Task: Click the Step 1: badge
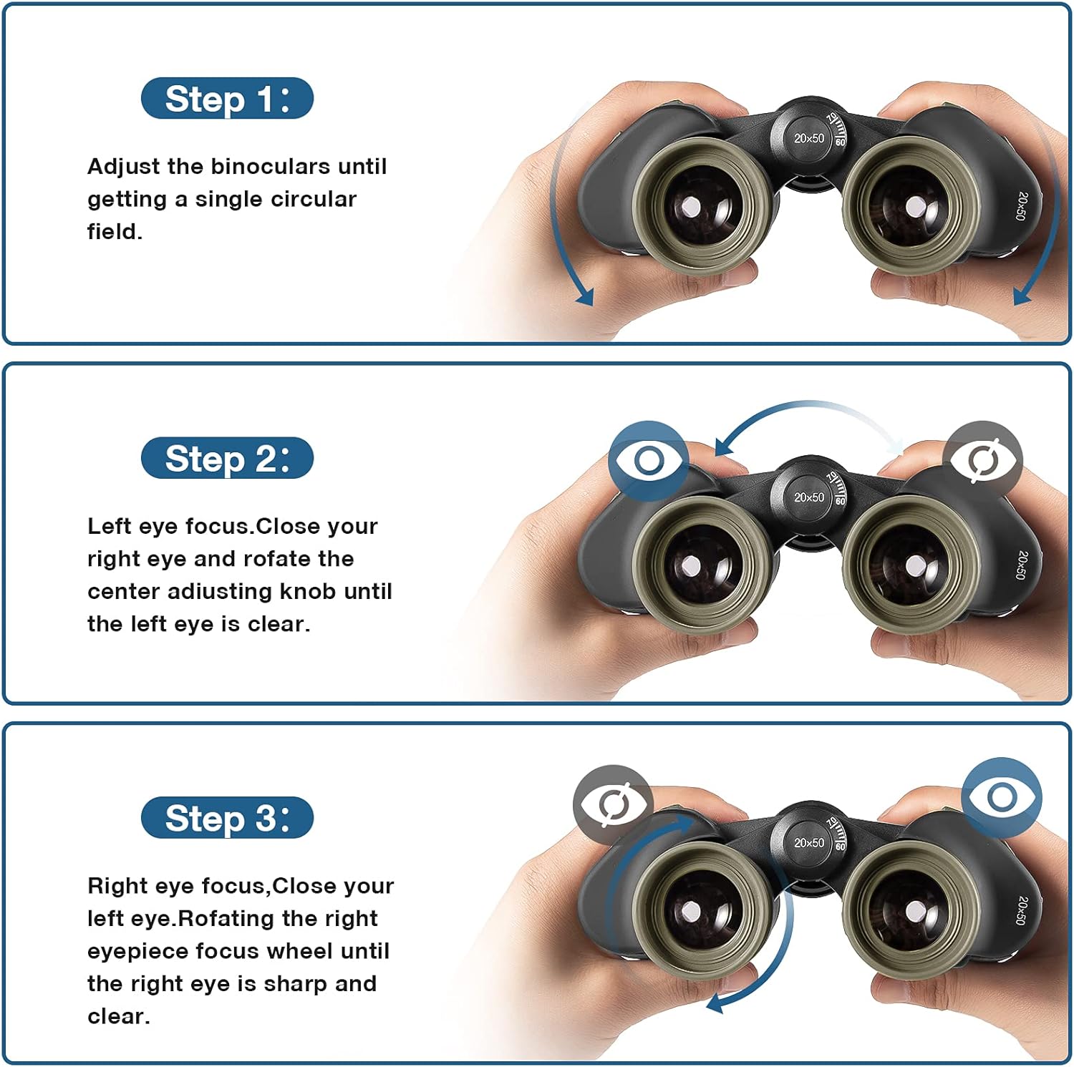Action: click(227, 99)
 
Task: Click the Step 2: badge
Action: click(227, 459)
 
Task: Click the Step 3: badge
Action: click(227, 818)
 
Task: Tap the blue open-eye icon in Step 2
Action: click(649, 460)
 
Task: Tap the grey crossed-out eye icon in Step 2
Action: click(983, 459)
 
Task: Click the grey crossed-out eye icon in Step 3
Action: click(613, 804)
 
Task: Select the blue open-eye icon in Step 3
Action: click(1001, 796)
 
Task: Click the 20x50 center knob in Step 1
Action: click(808, 138)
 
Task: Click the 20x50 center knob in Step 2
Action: click(808, 497)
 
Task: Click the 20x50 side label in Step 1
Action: click(1021, 205)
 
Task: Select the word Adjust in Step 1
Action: click(123, 167)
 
